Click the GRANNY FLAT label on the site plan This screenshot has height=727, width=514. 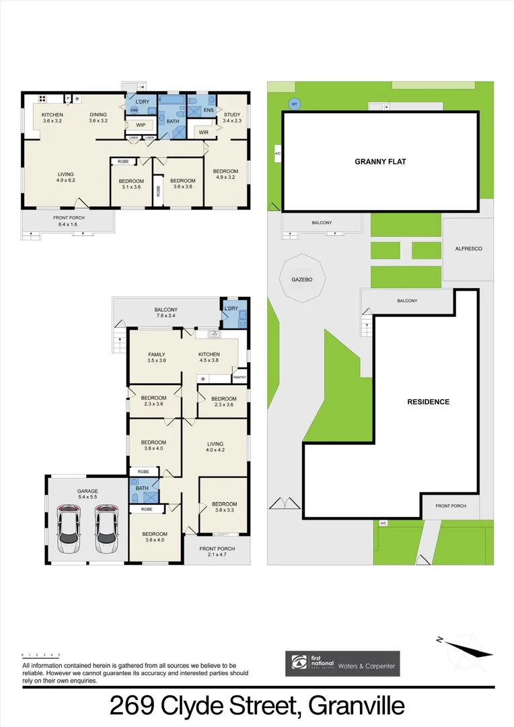coord(380,162)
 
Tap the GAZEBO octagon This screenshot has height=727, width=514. coord(301,277)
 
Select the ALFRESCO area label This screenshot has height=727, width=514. coord(468,248)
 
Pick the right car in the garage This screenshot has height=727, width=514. coord(106,528)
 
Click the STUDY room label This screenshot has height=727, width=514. coord(231,114)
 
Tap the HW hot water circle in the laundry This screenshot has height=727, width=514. coord(134,110)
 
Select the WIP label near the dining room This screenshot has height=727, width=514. coord(141,125)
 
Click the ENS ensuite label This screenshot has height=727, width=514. coord(209,110)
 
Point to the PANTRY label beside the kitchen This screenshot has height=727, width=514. coord(240,377)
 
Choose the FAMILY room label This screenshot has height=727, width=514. coord(156,355)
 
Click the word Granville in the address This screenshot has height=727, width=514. coord(357,706)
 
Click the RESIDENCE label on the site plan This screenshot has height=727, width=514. coord(428,402)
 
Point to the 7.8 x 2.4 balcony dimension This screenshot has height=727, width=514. coord(166,315)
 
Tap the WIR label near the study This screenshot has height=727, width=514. coord(204,133)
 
